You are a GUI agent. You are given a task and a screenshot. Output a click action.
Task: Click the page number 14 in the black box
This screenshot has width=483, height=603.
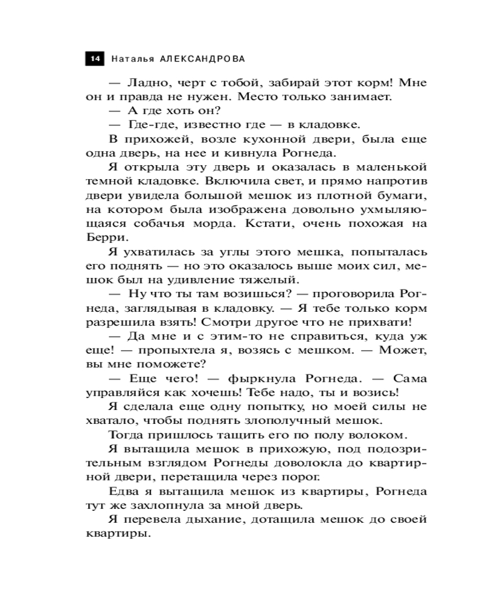[95, 59]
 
